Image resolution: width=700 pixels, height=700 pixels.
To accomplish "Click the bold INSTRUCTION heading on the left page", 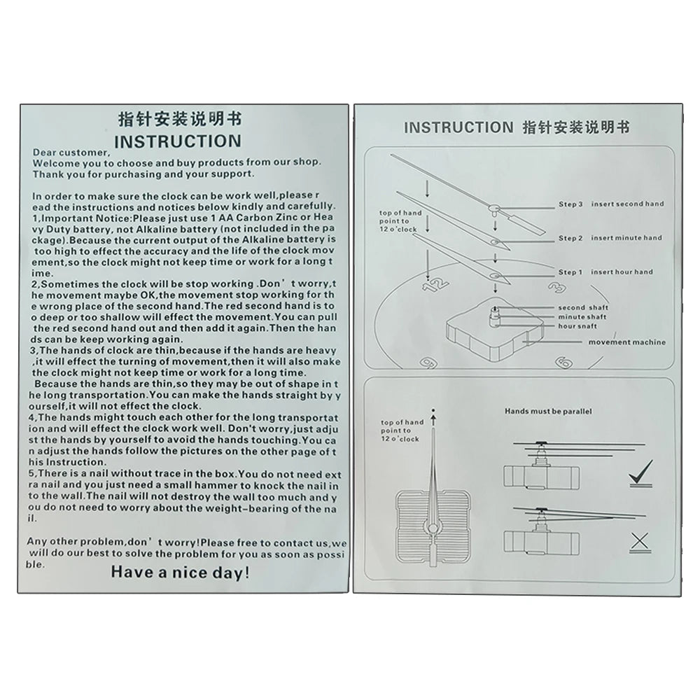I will tap(177, 141).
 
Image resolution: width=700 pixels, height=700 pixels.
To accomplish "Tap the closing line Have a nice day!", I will tap(180, 573).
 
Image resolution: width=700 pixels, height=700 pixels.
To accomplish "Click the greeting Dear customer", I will tap(71, 153).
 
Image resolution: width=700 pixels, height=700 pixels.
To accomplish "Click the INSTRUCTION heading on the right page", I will tap(458, 127).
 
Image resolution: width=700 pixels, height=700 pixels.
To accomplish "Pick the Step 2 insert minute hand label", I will tap(610, 238).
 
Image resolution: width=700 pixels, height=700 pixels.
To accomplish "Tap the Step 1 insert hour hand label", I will tap(605, 272).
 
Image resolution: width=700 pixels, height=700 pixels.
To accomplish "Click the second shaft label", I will tap(583, 308).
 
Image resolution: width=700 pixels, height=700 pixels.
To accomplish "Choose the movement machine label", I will tap(626, 342).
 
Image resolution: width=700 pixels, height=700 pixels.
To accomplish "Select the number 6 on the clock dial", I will tap(562, 361).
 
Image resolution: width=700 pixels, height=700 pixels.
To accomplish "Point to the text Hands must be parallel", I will tap(547, 412).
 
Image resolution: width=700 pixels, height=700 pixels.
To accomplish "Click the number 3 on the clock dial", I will tap(557, 287).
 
